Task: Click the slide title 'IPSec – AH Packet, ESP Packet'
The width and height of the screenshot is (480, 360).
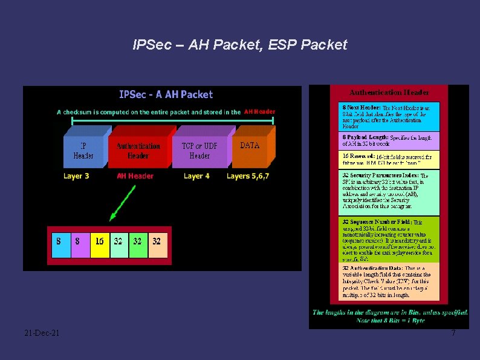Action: point(240,45)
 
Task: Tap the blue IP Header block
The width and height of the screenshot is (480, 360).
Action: point(83,151)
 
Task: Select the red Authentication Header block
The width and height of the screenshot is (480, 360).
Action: point(138,151)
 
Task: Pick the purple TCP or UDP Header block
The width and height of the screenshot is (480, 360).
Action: point(199,151)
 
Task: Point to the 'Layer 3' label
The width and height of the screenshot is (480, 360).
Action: point(76,176)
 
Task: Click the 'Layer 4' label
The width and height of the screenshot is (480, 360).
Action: point(196,176)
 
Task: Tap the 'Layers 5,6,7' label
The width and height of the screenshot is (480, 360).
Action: point(248,176)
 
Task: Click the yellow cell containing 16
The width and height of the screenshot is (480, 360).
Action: point(99,241)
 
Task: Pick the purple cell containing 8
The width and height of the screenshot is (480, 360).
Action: point(79,241)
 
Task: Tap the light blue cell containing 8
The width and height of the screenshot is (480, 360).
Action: point(60,241)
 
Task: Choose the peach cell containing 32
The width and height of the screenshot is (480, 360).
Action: point(157,241)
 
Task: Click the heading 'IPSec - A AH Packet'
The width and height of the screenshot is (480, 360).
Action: point(166,94)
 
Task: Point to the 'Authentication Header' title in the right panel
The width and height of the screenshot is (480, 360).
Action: point(389,93)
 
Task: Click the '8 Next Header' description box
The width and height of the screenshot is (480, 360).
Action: point(389,116)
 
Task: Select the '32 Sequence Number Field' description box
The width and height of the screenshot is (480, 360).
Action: point(389,240)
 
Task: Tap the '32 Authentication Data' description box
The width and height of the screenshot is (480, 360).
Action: point(389,281)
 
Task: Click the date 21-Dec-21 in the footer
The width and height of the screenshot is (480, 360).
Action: point(42,333)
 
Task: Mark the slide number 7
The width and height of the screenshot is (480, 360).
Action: point(453,333)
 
